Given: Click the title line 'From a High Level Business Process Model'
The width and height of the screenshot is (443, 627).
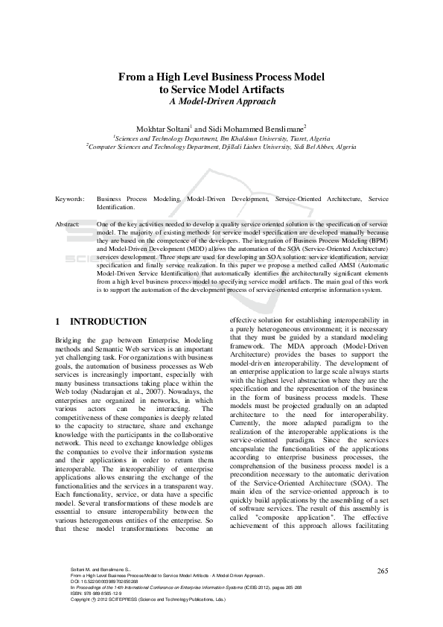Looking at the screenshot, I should coord(221,77).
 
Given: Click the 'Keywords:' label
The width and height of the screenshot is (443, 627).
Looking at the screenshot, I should coord(69,200).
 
